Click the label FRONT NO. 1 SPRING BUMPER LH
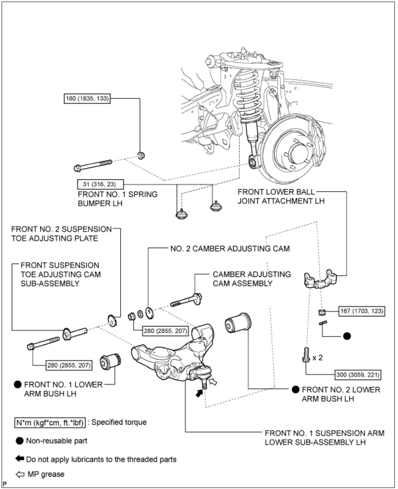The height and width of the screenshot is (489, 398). tap(117, 199)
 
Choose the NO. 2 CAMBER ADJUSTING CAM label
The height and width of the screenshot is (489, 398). tap(230, 248)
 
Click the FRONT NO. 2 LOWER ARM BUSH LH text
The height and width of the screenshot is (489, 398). tap(341, 394)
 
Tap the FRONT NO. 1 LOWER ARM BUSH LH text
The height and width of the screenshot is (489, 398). tap(62, 389)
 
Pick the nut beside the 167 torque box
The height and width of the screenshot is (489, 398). tap(321, 312)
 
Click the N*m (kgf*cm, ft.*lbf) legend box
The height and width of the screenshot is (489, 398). tap(50, 422)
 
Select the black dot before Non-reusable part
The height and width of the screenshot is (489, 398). tap(19, 441)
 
